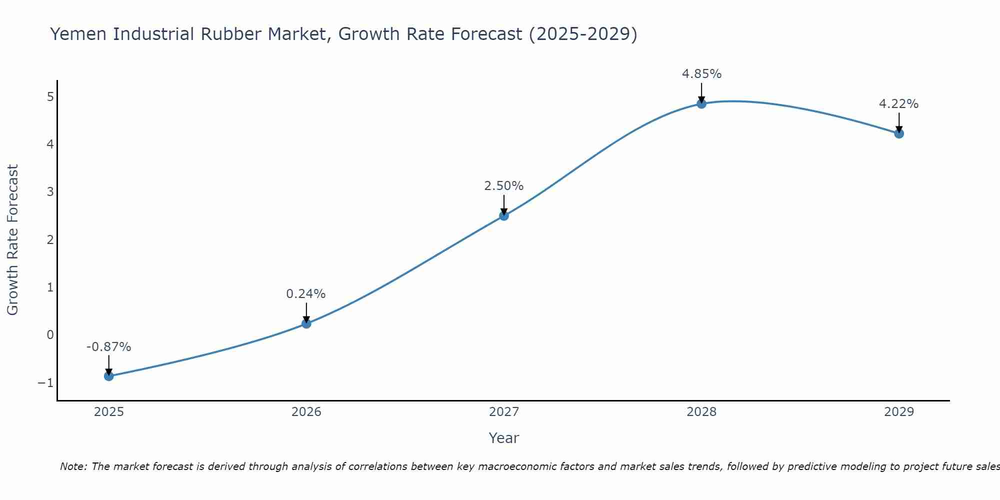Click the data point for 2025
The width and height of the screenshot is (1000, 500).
pos(108,376)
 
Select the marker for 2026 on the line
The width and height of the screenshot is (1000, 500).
pos(306,323)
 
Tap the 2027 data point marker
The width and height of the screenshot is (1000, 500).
pos(504,215)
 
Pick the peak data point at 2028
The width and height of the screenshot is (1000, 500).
pos(701,103)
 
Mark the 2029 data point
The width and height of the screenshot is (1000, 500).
pos(899,133)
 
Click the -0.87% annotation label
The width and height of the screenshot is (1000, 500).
pos(108,347)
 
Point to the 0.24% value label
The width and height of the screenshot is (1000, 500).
pos(306,294)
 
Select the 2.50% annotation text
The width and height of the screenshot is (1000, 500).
pos(504,186)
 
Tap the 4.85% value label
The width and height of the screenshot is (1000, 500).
pos(701,74)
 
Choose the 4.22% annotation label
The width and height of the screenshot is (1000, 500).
pos(899,104)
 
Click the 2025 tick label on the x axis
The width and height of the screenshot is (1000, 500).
pos(109,412)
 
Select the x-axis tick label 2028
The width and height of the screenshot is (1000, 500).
pos(701,412)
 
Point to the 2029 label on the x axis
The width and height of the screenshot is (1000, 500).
pos(899,412)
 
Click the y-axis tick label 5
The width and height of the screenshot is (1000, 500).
pos(50,96)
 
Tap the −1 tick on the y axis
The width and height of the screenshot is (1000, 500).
pos(45,383)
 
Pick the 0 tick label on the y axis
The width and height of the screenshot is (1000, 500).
pos(50,335)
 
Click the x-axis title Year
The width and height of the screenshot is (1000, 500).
pos(504,438)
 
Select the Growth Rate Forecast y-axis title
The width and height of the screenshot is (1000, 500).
pos(12,240)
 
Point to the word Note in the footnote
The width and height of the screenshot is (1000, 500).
pos(73,466)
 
